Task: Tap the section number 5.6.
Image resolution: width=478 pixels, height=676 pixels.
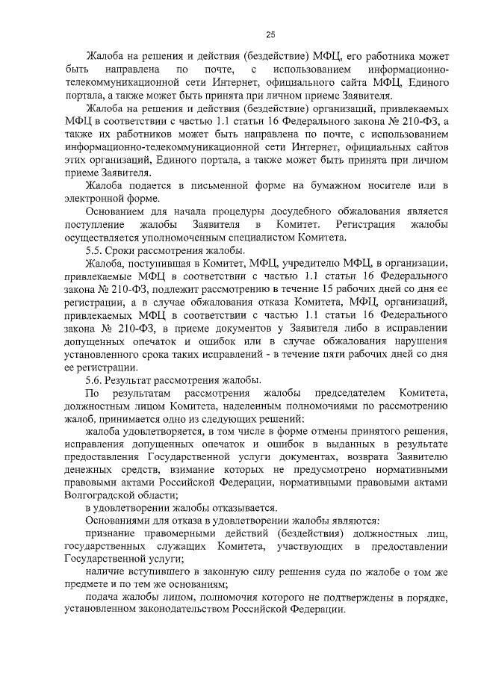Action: pos(95,379)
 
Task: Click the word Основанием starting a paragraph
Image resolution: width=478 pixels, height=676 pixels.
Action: pos(118,211)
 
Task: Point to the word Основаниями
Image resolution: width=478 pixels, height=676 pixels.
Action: pos(119,520)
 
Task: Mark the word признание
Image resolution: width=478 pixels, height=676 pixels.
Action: pos(114,533)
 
